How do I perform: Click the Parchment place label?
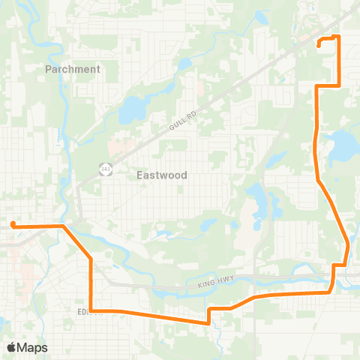pyautogui.click(x=72, y=69)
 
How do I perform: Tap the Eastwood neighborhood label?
pyautogui.click(x=162, y=175)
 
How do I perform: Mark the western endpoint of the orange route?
pyautogui.click(x=13, y=223)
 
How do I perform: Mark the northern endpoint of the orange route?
pyautogui.click(x=319, y=45)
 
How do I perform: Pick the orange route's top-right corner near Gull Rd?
pyautogui.click(x=339, y=36)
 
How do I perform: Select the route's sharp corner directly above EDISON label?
pyautogui.click(x=91, y=259)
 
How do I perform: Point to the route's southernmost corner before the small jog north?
pyautogui.click(x=208, y=323)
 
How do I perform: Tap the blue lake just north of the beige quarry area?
pyautogui.click(x=259, y=196)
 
